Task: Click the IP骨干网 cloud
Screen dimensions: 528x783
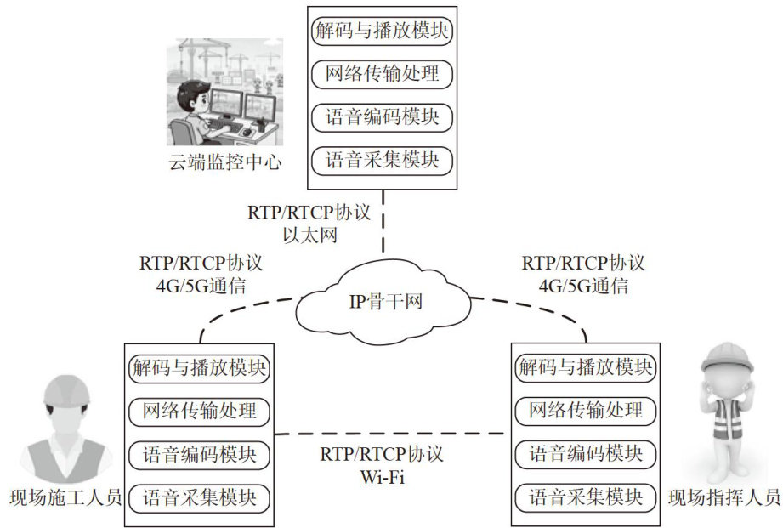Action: pos(383,301)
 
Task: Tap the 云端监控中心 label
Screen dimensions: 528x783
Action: pos(224,162)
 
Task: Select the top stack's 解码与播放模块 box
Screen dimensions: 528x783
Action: pos(383,31)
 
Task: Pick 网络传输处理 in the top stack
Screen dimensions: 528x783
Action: pos(383,74)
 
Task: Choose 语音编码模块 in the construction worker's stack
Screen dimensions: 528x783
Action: pos(199,453)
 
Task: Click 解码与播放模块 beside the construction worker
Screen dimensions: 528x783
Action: pos(199,369)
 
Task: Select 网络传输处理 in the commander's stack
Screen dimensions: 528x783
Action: pos(586,412)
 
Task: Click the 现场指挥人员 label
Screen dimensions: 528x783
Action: pos(723,497)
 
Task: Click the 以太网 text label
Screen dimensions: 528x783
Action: pos(310,235)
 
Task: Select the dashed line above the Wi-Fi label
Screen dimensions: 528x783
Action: pos(392,433)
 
